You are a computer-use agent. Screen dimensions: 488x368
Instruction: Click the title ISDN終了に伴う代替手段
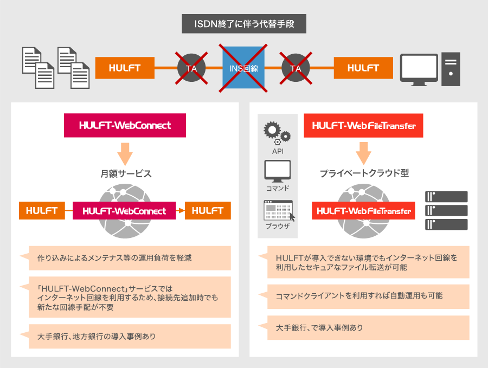pyautogui.click(x=244, y=24)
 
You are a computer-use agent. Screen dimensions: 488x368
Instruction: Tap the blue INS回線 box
pyautogui.click(x=243, y=68)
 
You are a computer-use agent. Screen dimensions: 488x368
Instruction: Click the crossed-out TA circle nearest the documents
pyautogui.click(x=191, y=68)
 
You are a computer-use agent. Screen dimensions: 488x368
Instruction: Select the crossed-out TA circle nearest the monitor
pyautogui.click(x=296, y=68)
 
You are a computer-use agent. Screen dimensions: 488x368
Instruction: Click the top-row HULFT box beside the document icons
pyautogui.click(x=125, y=68)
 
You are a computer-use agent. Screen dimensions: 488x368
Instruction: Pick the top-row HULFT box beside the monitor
pyautogui.click(x=363, y=68)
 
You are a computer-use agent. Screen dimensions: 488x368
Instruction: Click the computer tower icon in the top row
pyautogui.click(x=451, y=69)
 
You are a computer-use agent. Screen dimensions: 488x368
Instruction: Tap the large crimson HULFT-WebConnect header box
pyautogui.click(x=125, y=125)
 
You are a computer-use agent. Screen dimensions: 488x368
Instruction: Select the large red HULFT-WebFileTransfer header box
pyautogui.click(x=363, y=126)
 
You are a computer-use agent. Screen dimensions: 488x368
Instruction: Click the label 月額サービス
pyautogui.click(x=126, y=173)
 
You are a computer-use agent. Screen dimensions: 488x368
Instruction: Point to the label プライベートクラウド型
pyautogui.click(x=364, y=173)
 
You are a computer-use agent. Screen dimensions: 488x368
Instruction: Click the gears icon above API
pyautogui.click(x=277, y=133)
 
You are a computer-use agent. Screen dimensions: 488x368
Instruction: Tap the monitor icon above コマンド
pyautogui.click(x=277, y=171)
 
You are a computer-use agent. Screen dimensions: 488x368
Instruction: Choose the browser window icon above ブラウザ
pyautogui.click(x=279, y=210)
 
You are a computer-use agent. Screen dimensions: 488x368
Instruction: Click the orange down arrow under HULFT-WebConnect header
pyautogui.click(x=125, y=154)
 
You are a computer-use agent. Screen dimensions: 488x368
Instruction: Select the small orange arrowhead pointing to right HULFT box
pyautogui.click(x=181, y=211)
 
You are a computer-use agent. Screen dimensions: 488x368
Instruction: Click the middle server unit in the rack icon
pyautogui.click(x=446, y=211)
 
